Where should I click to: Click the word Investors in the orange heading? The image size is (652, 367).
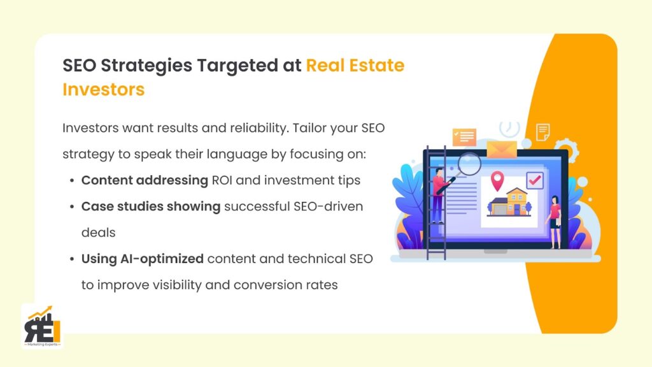103,90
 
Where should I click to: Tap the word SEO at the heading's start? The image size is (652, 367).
80,65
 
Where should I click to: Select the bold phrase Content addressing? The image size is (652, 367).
145,180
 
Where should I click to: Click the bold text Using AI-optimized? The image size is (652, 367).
143,259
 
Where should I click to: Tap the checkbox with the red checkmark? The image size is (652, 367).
534,180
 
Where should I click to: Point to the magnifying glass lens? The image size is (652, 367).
469,163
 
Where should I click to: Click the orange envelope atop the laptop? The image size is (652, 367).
502,149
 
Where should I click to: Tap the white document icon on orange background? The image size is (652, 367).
543,132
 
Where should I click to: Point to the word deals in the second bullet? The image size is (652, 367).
98,233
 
